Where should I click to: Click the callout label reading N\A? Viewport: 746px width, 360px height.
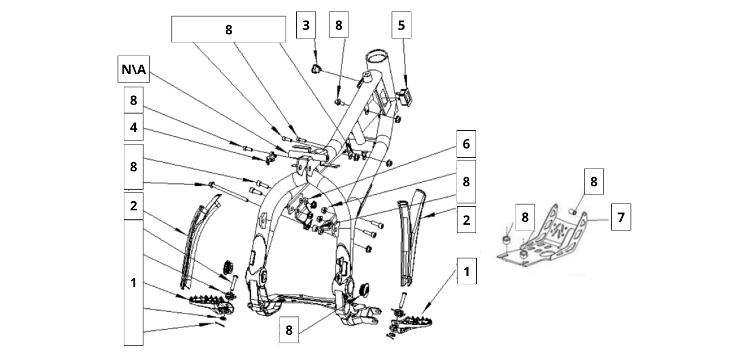click(133, 72)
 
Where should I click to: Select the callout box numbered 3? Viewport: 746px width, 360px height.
click(306, 26)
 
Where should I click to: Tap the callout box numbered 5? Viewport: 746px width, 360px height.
click(401, 26)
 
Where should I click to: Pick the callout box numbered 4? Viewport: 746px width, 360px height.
click(134, 127)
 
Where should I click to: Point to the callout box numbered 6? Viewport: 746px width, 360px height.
click(466, 144)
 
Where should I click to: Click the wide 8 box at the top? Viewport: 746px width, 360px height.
click(229, 29)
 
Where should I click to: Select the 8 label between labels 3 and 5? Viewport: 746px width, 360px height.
click(339, 26)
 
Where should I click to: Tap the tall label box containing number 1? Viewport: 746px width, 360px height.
click(134, 283)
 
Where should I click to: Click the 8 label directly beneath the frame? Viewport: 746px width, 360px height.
click(289, 330)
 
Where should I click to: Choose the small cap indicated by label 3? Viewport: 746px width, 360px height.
click(315, 69)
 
